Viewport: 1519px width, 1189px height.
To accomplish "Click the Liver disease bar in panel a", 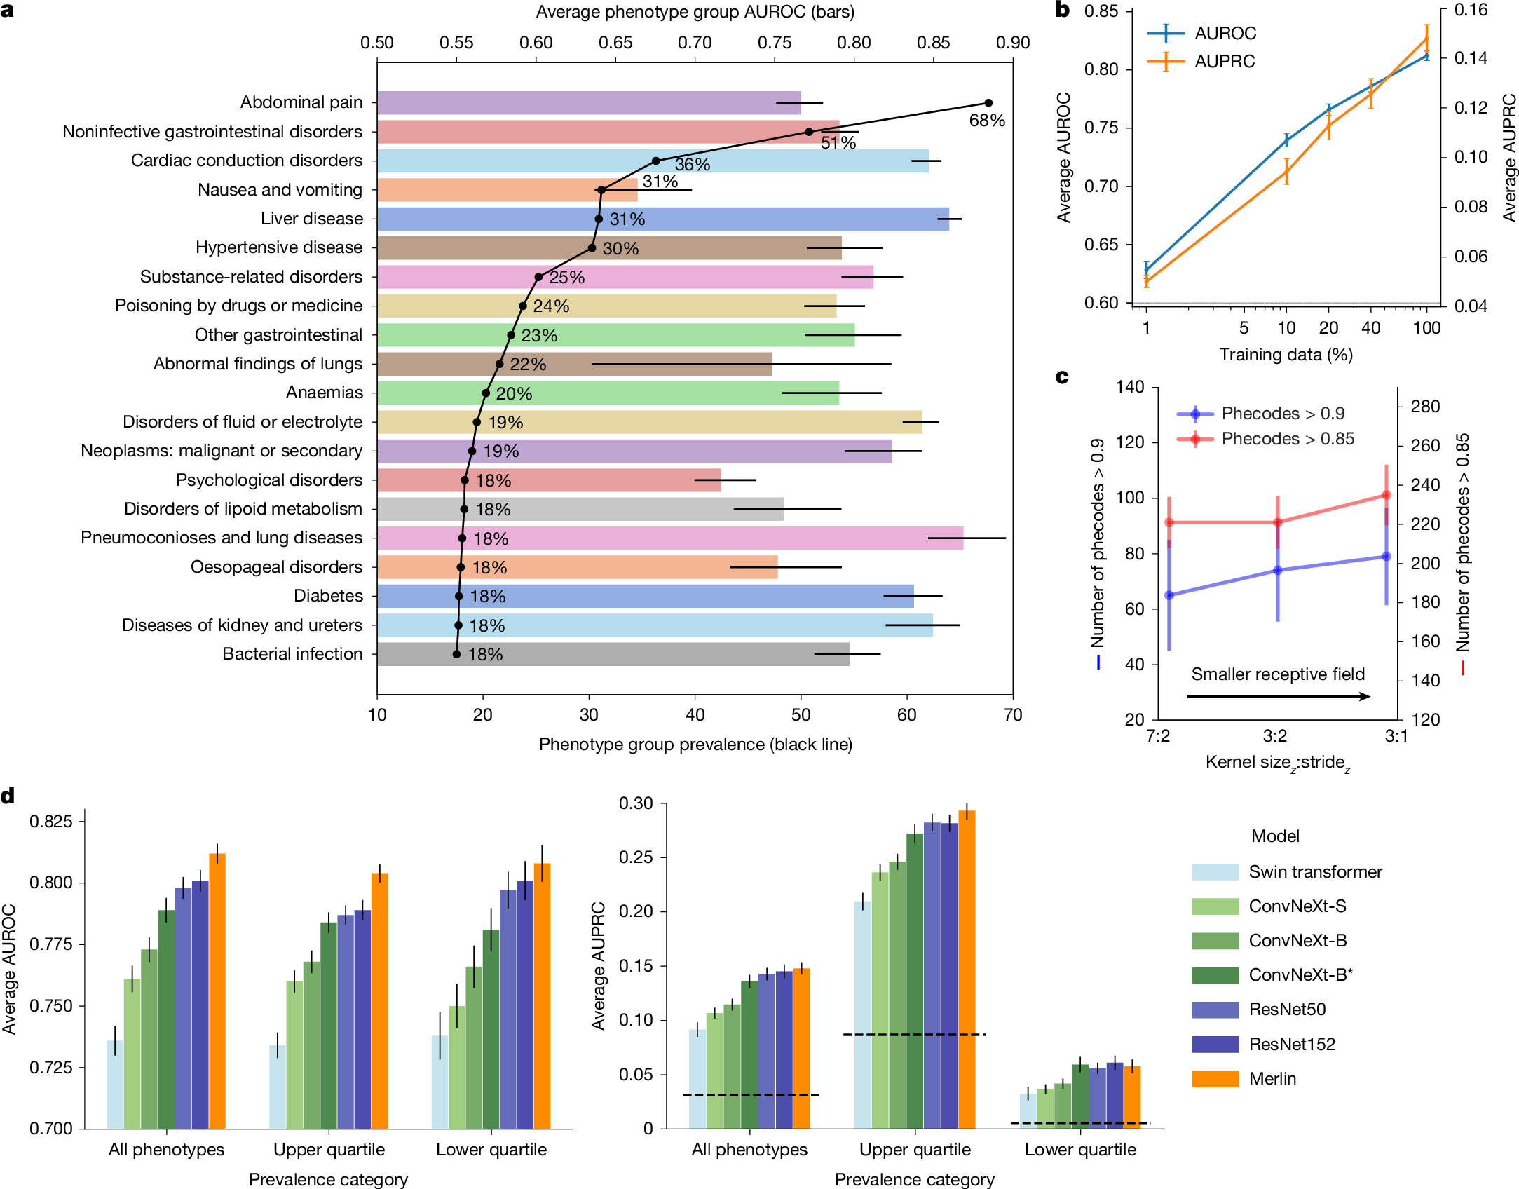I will coord(662,219).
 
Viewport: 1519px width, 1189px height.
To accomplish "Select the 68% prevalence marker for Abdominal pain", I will coord(988,103).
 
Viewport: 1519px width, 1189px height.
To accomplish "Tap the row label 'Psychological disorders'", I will coord(269,480).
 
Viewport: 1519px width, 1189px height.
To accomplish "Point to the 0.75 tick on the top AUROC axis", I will coord(774,43).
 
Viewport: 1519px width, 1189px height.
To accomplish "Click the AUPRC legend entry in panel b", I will coord(1200,62).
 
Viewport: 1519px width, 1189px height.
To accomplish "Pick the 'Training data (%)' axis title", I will coord(1286,355).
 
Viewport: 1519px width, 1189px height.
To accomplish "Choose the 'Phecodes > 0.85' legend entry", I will coord(1266,439).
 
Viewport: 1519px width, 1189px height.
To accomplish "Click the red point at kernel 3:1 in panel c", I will coord(1386,496).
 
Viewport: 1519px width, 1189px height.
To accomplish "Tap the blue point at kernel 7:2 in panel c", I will coord(1169,595).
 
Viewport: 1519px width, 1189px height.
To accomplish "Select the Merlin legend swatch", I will coord(1215,1078).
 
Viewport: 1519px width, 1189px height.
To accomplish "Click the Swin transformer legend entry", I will coord(1286,872).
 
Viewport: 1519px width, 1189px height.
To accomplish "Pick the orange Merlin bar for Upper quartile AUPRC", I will coord(967,967).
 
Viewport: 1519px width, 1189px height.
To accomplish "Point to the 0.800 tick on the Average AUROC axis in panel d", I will coord(51,883).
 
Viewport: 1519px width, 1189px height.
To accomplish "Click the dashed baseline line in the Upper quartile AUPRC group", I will coord(914,1035).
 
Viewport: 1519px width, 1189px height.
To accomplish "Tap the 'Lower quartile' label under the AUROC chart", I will coord(491,1150).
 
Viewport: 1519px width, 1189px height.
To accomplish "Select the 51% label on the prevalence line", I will coord(838,143).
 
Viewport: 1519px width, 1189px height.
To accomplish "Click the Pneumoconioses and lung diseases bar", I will coord(669,538).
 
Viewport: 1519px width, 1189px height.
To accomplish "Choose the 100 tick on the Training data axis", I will coord(1426,328).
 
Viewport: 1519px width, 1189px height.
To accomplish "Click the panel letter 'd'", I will coord(8,796).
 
